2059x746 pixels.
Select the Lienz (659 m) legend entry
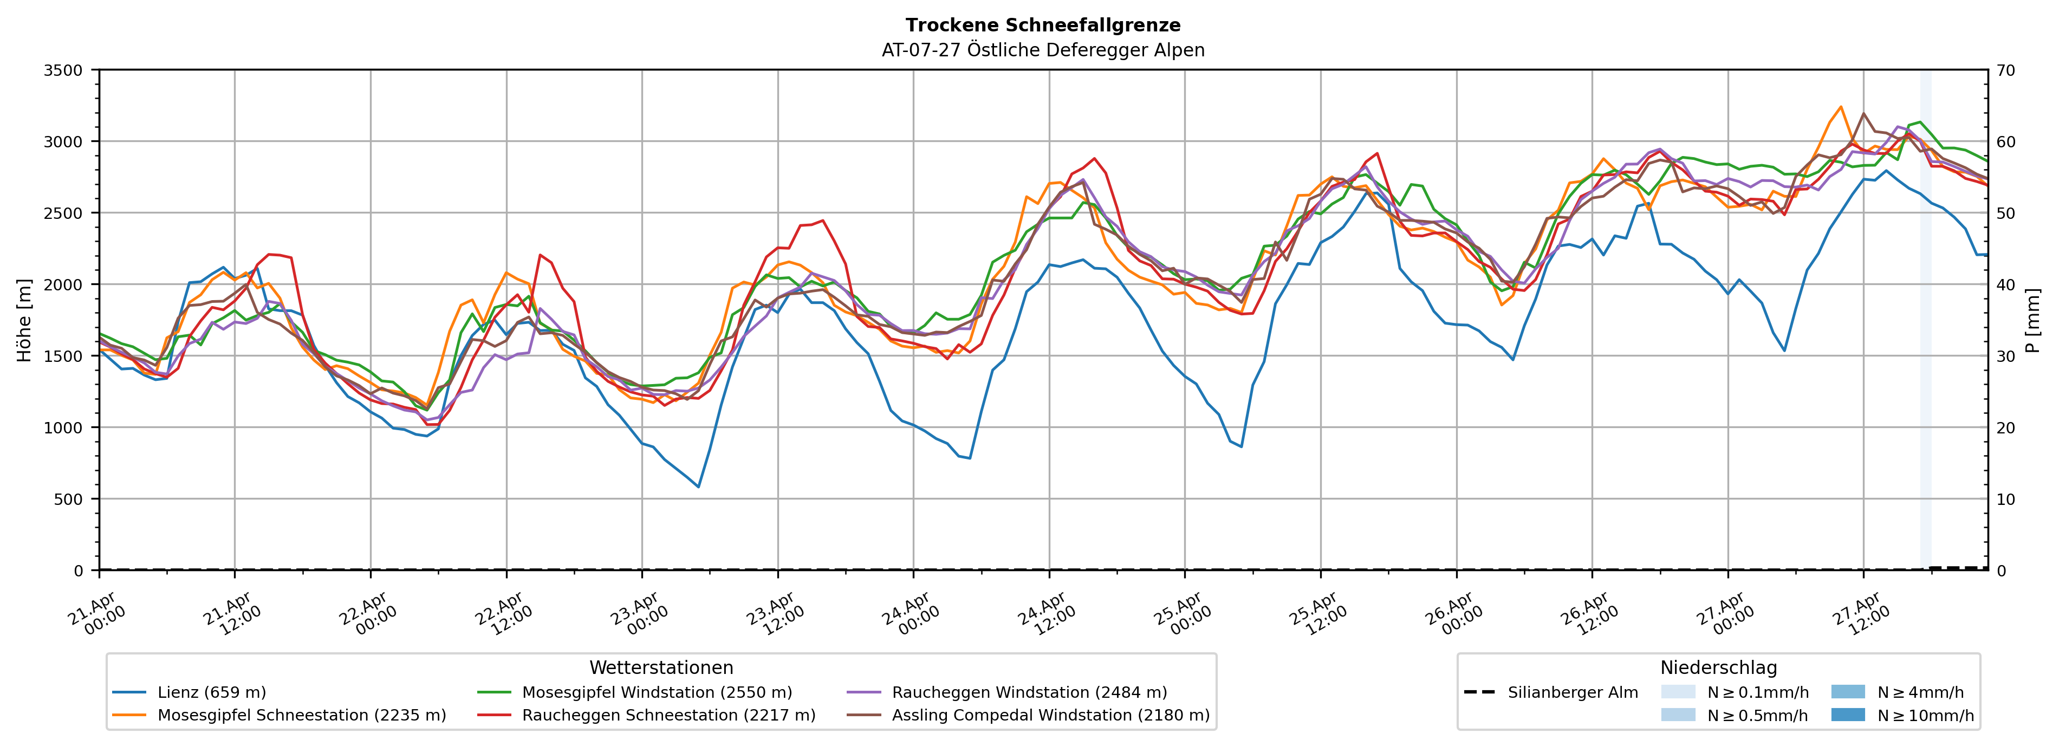[x=211, y=692]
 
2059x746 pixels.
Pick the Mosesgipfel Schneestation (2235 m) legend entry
[x=301, y=715]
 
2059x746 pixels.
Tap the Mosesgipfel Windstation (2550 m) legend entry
[x=656, y=692]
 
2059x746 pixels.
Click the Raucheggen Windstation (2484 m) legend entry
[x=1029, y=692]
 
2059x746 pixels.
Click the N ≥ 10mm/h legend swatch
[x=1847, y=715]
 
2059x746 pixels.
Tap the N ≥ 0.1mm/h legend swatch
[x=1678, y=692]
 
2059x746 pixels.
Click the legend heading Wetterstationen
[x=661, y=667]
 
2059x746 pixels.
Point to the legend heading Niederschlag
[x=1718, y=667]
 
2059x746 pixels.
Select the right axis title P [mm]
[x=2032, y=320]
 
